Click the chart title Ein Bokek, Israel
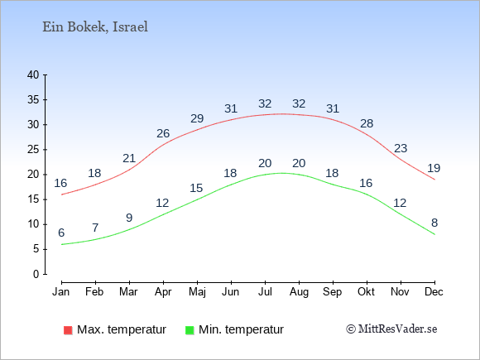(95, 27)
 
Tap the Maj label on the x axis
(197, 292)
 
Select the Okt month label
(366, 291)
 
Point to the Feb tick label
(94, 291)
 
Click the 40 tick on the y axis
(33, 74)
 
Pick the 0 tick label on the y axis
(36, 274)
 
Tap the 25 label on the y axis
(33, 150)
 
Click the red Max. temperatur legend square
(68, 330)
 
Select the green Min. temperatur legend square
(190, 330)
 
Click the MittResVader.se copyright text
(391, 329)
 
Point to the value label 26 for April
(163, 133)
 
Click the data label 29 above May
(197, 118)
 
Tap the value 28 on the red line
(367, 123)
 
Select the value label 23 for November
(401, 148)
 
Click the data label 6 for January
(61, 233)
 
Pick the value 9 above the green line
(129, 218)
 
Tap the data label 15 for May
(196, 188)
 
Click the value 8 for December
(434, 223)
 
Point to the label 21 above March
(129, 158)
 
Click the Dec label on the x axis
(434, 291)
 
